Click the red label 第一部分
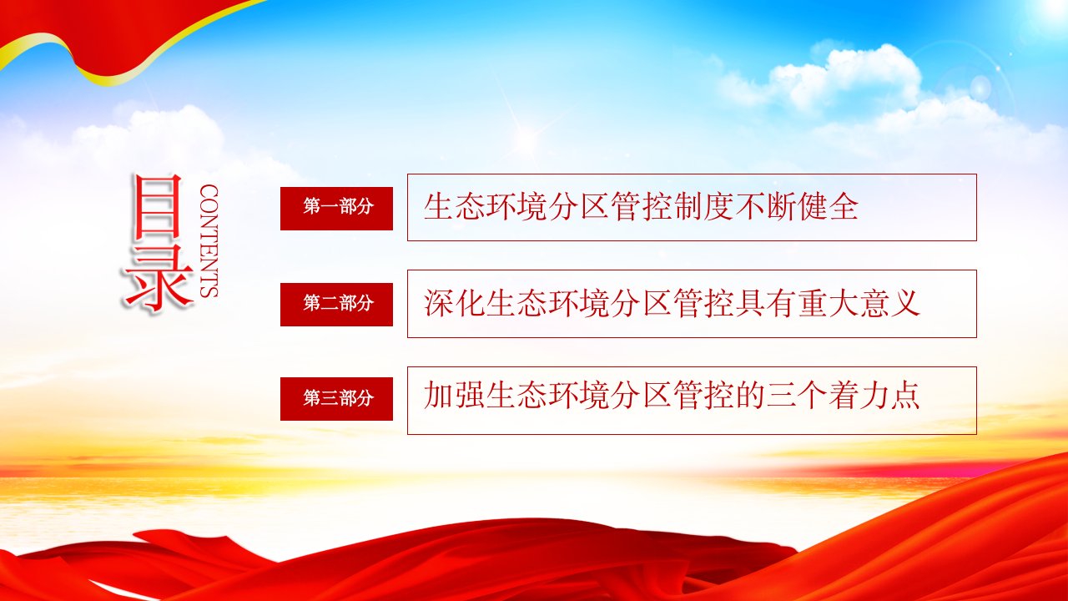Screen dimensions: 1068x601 pos(336,209)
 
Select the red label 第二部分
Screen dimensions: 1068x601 pos(336,305)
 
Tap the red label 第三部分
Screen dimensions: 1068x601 pos(336,399)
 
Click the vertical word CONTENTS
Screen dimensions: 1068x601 pos(209,241)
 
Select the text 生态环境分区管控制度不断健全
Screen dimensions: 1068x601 pos(641,207)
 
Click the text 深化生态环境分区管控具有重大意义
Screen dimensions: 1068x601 pos(672,303)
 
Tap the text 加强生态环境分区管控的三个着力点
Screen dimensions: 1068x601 pos(672,396)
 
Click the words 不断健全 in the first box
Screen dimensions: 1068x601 pos(796,207)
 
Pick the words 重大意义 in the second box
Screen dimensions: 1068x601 pos(859,303)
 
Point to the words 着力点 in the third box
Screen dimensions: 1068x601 pos(874,396)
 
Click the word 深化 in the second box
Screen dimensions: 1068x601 pos(454,303)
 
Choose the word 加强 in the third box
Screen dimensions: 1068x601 pos(454,396)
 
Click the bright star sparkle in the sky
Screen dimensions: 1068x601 pos(526,139)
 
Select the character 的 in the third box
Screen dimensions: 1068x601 pos(750,396)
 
